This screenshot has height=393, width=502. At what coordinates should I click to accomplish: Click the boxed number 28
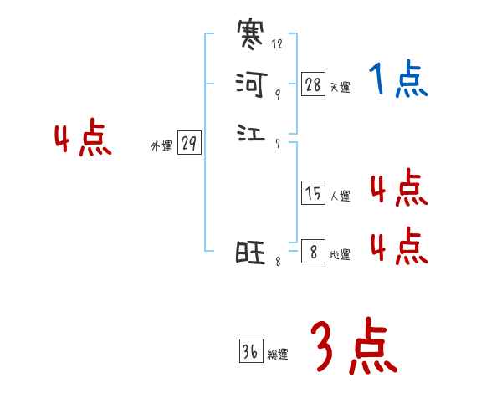pos(314,84)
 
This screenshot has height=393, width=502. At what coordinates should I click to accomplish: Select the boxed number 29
pos(189,144)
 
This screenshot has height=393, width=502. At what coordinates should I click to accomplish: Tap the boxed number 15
pos(314,194)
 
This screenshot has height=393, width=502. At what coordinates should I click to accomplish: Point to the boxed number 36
pos(250,352)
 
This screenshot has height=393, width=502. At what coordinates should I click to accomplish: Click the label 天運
pos(340,87)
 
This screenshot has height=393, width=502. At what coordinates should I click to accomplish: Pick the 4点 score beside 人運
pos(398,188)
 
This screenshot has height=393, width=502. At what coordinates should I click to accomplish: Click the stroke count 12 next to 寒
pos(277,44)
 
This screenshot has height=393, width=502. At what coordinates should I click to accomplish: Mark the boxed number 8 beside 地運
pos(314,252)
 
